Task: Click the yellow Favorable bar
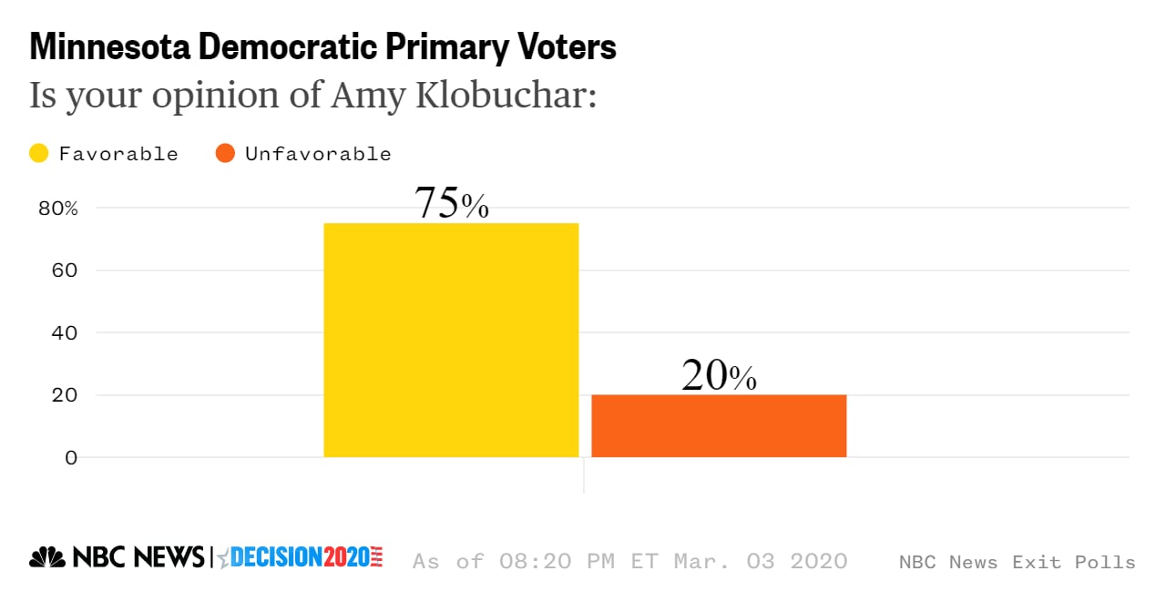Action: (451, 340)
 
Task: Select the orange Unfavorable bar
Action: (719, 425)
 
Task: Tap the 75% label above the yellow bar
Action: (452, 203)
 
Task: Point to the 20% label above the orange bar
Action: (719, 375)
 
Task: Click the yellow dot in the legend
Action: (39, 154)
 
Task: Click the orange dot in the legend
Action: (225, 154)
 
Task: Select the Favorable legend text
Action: (118, 154)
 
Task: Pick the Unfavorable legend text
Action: (318, 154)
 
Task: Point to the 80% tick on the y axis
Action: (58, 209)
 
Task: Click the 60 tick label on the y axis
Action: (58, 270)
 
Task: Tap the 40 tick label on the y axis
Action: (58, 333)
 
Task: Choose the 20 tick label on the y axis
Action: (58, 395)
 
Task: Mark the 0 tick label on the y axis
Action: (70, 457)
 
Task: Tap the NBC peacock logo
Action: (46, 557)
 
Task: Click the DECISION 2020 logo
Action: (301, 557)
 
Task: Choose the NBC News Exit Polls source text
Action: (1017, 562)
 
